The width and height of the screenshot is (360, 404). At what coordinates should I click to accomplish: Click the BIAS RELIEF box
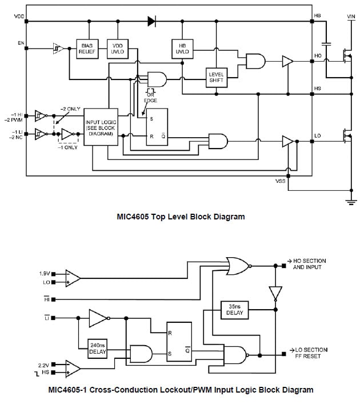(x=87, y=47)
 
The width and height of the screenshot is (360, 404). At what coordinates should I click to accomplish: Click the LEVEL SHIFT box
(x=217, y=78)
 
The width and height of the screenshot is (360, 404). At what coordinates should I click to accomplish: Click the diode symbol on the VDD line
(x=152, y=22)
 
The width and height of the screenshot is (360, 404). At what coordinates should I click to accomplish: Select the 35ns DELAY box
(x=234, y=310)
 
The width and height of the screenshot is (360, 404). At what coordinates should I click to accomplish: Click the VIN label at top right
(x=351, y=17)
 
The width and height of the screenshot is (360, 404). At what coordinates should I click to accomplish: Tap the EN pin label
(x=21, y=43)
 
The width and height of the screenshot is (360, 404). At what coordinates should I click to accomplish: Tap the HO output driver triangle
(x=287, y=61)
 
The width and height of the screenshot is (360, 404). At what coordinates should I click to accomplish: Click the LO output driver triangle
(x=287, y=141)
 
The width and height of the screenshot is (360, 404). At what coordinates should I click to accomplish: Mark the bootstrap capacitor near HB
(x=326, y=43)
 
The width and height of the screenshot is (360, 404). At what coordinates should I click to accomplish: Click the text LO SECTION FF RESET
(x=308, y=353)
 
